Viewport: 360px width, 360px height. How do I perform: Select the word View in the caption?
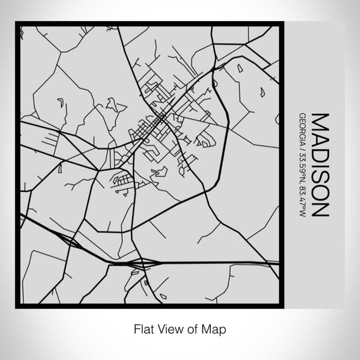point(166,327)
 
